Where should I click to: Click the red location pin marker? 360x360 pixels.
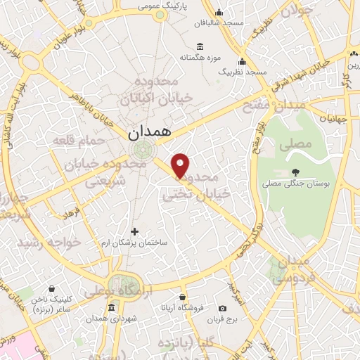click(181, 165)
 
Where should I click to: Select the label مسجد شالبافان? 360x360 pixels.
click(219, 22)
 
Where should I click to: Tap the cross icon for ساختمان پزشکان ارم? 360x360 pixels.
click(135, 231)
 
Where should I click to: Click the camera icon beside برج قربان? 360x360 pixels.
click(223, 309)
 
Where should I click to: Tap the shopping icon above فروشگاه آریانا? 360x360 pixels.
click(183, 297)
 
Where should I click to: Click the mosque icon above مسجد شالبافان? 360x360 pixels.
click(219, 11)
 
